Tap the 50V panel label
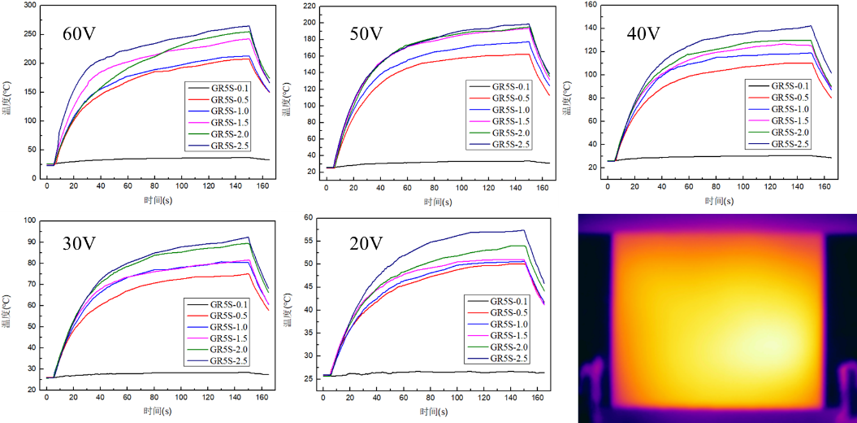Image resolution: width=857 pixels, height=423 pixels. tap(366, 33)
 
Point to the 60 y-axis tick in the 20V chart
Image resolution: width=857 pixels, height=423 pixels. tap(309, 218)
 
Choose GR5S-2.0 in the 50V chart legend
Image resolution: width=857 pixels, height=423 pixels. tap(511, 133)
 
